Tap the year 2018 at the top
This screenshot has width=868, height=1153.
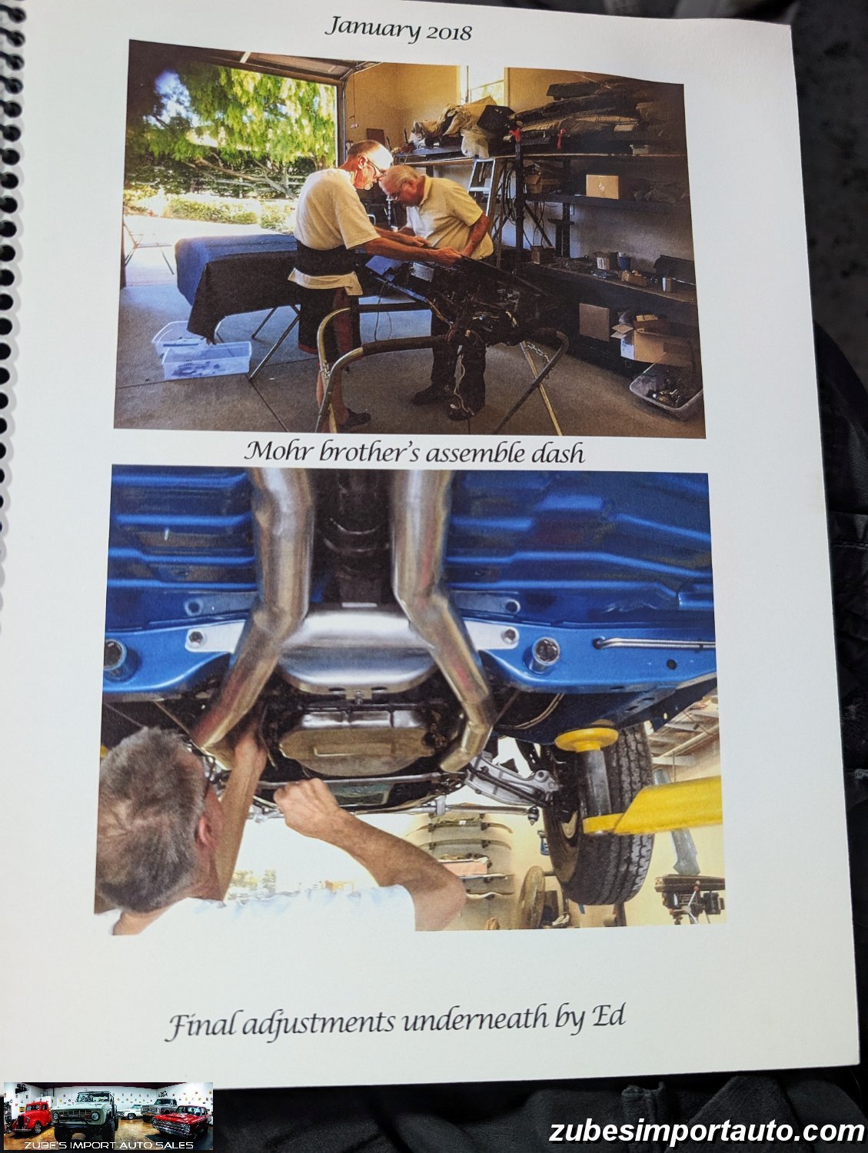pyautogui.click(x=448, y=32)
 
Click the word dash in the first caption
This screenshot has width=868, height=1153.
pyautogui.click(x=557, y=454)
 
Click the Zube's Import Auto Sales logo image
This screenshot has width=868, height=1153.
pyautogui.click(x=108, y=1115)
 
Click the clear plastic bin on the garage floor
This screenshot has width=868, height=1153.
pyautogui.click(x=206, y=360)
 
